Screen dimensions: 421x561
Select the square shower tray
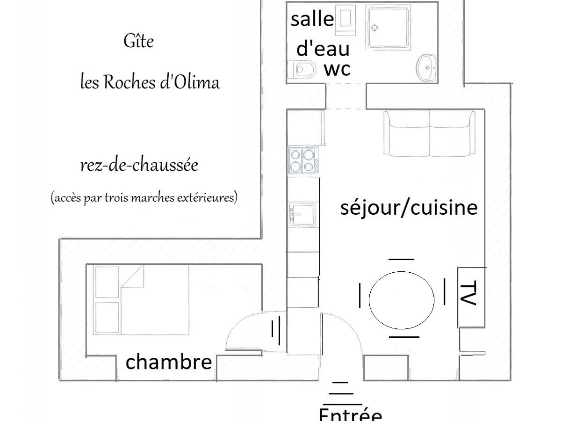click(x=389, y=27)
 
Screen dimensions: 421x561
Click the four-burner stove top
click(x=302, y=160)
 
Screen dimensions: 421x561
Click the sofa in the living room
click(x=429, y=134)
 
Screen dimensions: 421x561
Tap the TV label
click(x=468, y=294)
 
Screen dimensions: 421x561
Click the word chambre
click(x=169, y=362)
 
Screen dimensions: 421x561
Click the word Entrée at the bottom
click(x=350, y=415)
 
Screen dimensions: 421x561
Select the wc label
click(x=337, y=69)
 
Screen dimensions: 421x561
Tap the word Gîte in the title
click(x=138, y=41)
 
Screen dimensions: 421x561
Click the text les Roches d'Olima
click(x=150, y=82)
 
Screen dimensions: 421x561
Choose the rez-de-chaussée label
click(x=139, y=165)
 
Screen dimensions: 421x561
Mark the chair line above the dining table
click(x=401, y=259)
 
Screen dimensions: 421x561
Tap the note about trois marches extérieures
click(x=144, y=198)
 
